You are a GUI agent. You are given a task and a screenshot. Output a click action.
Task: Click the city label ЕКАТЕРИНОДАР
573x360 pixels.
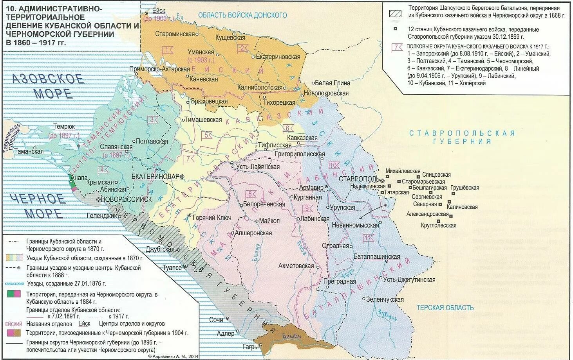(x=155, y=176)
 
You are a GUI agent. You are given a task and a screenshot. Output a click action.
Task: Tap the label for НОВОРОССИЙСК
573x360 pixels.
(x=126, y=199)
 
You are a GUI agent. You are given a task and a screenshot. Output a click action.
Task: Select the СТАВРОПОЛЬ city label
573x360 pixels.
(x=358, y=179)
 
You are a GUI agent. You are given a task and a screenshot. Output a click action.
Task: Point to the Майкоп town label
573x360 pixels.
(x=269, y=221)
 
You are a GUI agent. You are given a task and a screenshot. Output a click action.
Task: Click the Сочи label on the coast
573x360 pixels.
(x=216, y=320)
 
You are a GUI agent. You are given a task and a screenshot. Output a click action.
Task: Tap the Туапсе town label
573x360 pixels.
(x=172, y=268)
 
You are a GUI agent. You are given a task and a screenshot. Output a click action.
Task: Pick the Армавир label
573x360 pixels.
(x=311, y=188)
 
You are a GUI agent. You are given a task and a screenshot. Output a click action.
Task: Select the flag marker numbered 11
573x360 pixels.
(x=368, y=238)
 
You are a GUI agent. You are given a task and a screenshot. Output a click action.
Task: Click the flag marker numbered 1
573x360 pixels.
(x=168, y=50)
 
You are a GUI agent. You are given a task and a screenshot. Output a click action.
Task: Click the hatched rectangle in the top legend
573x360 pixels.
(x=395, y=13)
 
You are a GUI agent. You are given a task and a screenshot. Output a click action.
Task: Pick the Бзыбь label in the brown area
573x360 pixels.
(x=292, y=336)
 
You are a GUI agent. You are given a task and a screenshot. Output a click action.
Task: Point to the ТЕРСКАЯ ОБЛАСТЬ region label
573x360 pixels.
(x=445, y=308)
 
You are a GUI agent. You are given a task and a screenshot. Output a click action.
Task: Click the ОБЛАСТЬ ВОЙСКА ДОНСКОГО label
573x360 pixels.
(x=242, y=15)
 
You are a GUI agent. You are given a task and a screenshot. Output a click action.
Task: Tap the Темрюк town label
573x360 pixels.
(x=64, y=127)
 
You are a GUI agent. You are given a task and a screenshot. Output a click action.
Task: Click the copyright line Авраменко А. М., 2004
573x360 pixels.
(x=173, y=356)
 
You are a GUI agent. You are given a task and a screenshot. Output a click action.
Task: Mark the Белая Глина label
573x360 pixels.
(x=332, y=83)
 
